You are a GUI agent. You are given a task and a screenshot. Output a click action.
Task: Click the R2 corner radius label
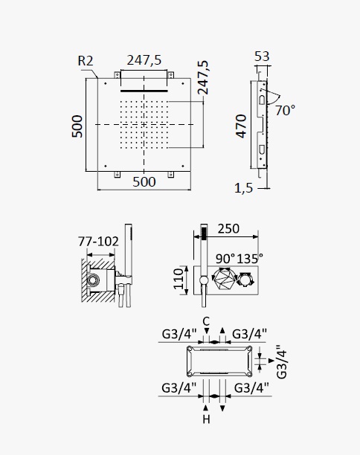pyautogui.click(x=86, y=61)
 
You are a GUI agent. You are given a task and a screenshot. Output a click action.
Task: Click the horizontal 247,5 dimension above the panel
pyautogui.click(x=144, y=60)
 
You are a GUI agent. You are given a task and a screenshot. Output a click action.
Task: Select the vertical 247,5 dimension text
pyautogui.click(x=203, y=77)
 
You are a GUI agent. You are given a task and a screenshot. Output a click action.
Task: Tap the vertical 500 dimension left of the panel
pyautogui.click(x=77, y=126)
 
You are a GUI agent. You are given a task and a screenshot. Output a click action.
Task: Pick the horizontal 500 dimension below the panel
pyautogui.click(x=144, y=182)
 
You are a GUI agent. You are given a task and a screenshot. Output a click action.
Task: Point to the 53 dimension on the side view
pyautogui.click(x=262, y=57)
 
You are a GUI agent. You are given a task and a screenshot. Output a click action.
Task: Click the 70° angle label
pyautogui.click(x=285, y=111)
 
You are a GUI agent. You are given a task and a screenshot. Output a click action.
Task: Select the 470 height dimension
pyautogui.click(x=241, y=126)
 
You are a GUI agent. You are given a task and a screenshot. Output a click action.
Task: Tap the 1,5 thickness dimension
pyautogui.click(x=243, y=188)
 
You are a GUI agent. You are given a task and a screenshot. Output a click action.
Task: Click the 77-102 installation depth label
pyautogui.click(x=98, y=242)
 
